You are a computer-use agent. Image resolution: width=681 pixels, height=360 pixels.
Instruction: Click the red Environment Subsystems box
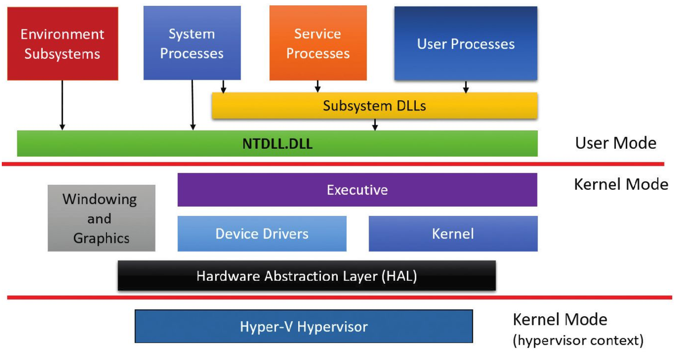click(x=62, y=44)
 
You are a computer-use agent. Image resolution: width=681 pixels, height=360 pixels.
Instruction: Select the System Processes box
click(x=192, y=43)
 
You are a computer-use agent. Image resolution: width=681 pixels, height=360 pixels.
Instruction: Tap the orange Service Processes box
click(x=318, y=43)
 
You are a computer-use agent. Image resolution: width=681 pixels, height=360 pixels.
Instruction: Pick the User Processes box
click(x=466, y=44)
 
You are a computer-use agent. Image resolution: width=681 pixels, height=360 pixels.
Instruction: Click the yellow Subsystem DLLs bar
click(x=374, y=106)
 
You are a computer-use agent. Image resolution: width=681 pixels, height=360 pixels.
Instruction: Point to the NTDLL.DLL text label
click(x=277, y=144)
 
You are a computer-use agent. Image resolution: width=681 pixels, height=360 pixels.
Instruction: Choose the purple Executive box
click(x=357, y=190)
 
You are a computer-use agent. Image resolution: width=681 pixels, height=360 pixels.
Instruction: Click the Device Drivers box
click(x=262, y=233)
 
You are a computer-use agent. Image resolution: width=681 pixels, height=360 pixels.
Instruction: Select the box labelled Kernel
click(x=453, y=233)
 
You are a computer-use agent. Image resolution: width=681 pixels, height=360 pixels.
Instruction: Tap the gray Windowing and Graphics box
click(x=101, y=218)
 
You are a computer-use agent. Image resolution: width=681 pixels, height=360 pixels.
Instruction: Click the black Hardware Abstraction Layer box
click(x=307, y=276)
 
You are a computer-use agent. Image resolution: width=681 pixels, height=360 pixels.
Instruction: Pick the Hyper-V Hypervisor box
click(x=304, y=327)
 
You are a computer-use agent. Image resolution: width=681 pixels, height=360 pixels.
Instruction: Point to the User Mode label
click(x=615, y=143)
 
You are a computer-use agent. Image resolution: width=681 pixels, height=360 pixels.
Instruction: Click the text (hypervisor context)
click(x=578, y=341)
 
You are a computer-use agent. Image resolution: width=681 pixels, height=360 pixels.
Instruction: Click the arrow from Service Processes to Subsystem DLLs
click(x=318, y=86)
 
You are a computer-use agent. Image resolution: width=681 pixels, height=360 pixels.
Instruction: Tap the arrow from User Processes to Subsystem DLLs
click(x=466, y=87)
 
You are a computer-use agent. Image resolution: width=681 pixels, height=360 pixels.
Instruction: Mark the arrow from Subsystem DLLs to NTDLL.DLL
click(x=375, y=125)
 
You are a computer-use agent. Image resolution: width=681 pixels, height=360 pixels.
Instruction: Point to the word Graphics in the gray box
click(x=101, y=238)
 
